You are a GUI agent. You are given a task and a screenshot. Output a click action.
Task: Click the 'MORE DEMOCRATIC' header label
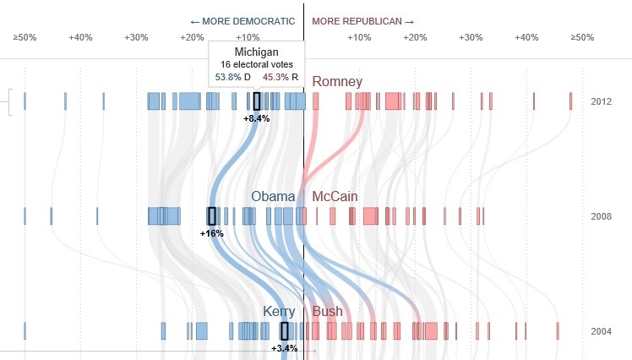point(243,20)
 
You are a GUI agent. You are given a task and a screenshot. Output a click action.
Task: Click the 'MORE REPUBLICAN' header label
point(362,20)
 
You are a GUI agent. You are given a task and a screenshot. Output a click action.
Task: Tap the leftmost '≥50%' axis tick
point(25,37)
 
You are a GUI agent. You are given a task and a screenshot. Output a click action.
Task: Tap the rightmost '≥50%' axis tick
point(582,37)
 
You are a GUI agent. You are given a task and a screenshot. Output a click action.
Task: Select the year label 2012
point(602,101)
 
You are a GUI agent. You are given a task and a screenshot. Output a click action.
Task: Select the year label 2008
point(602,216)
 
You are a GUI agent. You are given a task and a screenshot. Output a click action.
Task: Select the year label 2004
point(602,330)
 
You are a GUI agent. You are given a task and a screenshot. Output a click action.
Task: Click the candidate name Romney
point(337,82)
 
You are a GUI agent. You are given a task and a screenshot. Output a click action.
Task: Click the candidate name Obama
point(273,196)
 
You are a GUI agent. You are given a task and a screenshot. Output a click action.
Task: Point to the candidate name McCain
point(335,196)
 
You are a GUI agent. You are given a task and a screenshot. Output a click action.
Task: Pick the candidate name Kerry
point(279,311)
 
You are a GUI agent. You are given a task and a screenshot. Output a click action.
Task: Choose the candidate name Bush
point(328,311)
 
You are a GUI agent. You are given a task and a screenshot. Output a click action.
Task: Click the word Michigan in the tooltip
point(256,52)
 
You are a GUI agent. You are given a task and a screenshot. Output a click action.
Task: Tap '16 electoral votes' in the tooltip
point(256,65)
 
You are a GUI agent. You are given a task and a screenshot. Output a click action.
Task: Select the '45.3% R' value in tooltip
point(280,77)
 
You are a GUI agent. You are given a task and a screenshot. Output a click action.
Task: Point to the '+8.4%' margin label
point(256,118)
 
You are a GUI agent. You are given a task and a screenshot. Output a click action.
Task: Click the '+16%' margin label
point(212,232)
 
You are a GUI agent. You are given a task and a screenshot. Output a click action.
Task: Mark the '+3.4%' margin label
point(284,347)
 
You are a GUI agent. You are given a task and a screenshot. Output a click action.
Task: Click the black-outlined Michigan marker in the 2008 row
point(212,215)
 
